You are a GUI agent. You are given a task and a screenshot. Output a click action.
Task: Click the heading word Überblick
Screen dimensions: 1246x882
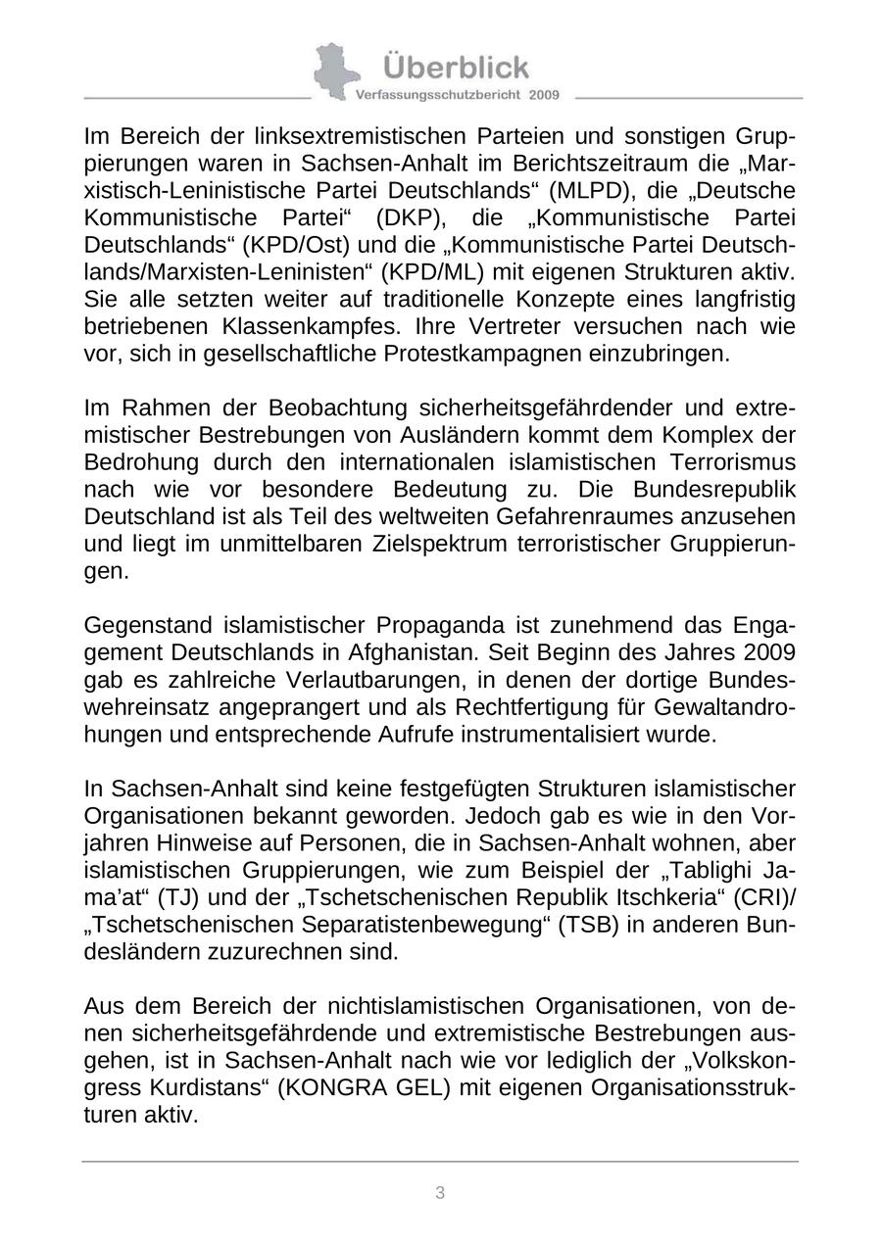[x=456, y=67]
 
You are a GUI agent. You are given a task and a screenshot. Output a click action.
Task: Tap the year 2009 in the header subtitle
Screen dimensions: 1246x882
[x=544, y=95]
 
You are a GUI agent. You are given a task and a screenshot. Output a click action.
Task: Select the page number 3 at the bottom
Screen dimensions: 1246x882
[x=440, y=1192]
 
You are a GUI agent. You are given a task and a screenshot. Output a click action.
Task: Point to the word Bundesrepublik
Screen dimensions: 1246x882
[x=724, y=489]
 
